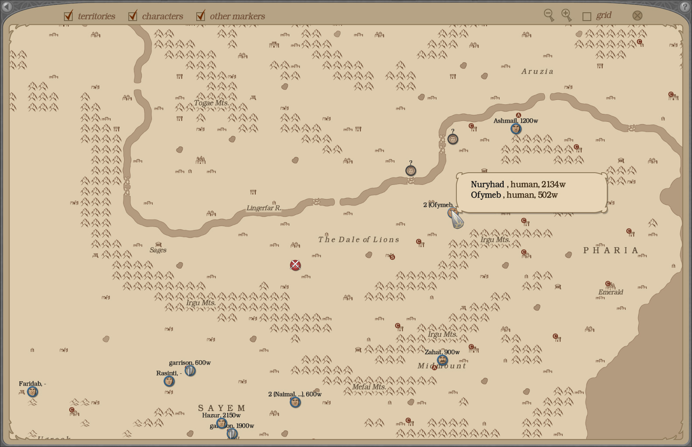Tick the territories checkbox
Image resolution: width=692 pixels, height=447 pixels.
[68, 16]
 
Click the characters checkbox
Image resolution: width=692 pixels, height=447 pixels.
[133, 16]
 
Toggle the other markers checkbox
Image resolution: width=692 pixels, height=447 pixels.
[201, 16]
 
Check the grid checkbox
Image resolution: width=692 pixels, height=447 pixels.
[587, 16]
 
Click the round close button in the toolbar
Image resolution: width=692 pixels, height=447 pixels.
[637, 15]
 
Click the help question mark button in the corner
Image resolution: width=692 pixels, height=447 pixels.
[685, 7]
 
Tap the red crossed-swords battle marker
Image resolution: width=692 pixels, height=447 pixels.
[295, 265]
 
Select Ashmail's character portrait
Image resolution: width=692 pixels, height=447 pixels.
[516, 129]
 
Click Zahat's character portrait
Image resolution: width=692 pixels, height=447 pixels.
[442, 360]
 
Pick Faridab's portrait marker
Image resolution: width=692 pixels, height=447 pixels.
[32, 392]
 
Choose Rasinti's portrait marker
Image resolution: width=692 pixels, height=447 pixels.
[169, 381]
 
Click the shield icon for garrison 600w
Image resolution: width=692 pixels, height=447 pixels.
[190, 371]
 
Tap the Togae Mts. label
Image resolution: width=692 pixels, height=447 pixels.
[211, 103]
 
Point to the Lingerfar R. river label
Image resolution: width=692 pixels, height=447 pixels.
[264, 208]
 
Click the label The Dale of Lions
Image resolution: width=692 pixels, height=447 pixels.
[359, 239]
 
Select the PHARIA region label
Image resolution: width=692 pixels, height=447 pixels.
[611, 250]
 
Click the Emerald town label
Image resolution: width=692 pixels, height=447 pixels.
[611, 292]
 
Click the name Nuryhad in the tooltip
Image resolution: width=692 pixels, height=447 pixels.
[487, 184]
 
